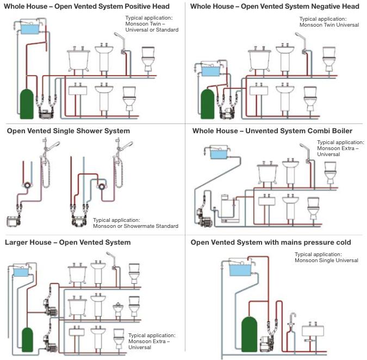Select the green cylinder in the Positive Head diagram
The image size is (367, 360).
point(26,103)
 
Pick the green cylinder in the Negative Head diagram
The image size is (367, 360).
point(207,103)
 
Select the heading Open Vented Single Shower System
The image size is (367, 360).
point(69,131)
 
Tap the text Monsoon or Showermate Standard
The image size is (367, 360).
point(135,226)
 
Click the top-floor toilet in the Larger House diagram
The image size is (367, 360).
point(134,271)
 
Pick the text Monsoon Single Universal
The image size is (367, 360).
point(326,260)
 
